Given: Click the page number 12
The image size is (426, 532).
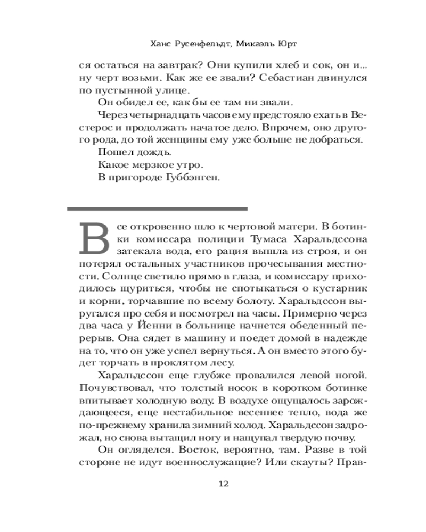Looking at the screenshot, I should [x=224, y=484].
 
